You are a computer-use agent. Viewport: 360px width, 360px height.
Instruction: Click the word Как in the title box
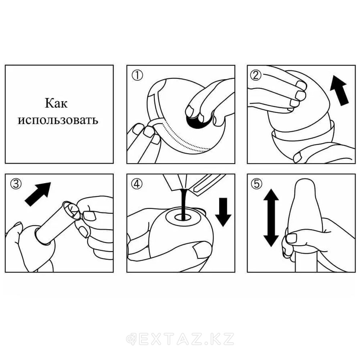click(x=56, y=103)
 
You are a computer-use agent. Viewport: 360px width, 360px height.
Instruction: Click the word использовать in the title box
click(x=58, y=120)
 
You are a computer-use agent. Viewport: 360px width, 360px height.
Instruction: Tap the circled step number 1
click(x=137, y=75)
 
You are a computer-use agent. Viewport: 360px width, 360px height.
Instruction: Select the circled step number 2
click(x=256, y=75)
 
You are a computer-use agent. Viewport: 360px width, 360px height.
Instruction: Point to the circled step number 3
click(x=16, y=184)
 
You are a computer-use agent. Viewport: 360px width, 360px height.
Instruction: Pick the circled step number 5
click(x=256, y=184)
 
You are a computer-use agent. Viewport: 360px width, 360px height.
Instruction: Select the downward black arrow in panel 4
click(x=223, y=212)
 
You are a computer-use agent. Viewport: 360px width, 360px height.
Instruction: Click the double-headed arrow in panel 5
click(x=271, y=218)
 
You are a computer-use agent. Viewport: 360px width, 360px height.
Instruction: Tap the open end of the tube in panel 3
click(x=72, y=210)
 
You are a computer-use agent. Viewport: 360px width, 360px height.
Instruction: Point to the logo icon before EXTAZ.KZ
click(x=131, y=339)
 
